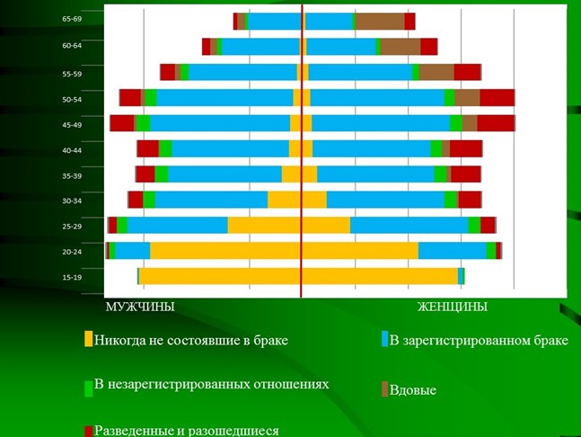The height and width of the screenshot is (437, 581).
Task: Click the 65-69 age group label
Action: pos(72,19)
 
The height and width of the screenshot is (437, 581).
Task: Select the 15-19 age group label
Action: pos(72,277)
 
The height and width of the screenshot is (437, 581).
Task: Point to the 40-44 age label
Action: pos(72,150)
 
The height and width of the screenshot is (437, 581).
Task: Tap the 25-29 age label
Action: pos(72,227)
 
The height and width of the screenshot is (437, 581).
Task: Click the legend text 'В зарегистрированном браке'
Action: pos(479,340)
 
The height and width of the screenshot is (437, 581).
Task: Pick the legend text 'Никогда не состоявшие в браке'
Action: pos(190,340)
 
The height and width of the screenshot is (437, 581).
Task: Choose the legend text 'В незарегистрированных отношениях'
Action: pos(211,384)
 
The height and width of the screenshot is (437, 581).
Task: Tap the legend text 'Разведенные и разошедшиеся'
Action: pos(186,430)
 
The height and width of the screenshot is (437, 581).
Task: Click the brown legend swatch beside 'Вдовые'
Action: pos(384,389)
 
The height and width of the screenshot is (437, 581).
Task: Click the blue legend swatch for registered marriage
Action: pos(384,340)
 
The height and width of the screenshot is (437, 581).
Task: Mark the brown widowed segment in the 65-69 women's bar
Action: pos(380,22)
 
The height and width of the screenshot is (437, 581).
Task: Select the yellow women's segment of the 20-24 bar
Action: pos(359,251)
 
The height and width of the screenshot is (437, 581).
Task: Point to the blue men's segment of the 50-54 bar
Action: pos(224,98)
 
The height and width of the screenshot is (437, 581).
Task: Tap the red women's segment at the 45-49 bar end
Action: pos(496,123)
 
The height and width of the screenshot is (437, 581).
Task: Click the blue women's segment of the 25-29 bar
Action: pos(409,225)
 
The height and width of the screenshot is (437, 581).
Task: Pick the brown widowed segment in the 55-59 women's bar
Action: pos(436,73)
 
